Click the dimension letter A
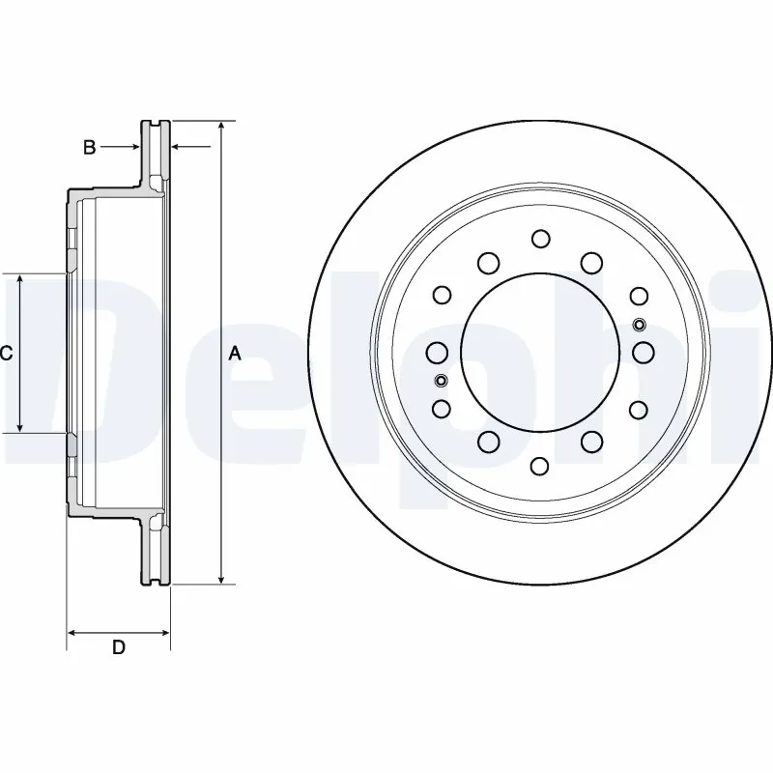click(x=234, y=354)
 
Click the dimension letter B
click(x=89, y=148)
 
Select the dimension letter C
click(x=6, y=354)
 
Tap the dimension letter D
click(x=118, y=648)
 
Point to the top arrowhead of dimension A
click(x=222, y=127)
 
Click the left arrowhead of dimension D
click(x=72, y=632)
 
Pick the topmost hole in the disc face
click(x=540, y=239)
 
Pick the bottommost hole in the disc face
click(x=540, y=467)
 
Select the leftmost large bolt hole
click(x=437, y=353)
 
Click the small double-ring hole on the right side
click(x=639, y=325)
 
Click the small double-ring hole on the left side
click(x=442, y=380)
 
